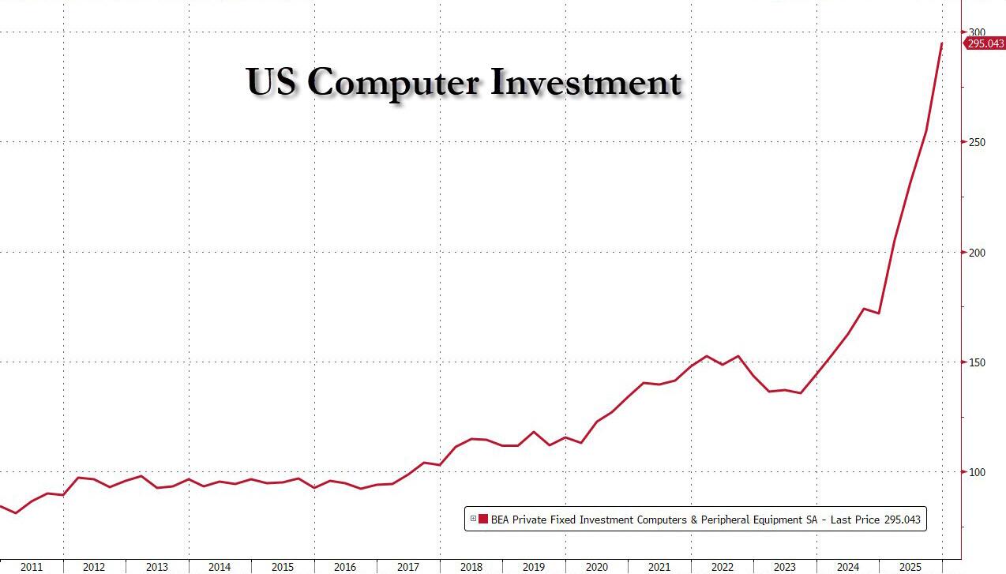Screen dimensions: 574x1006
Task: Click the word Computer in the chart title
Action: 392,82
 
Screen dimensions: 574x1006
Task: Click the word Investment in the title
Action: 585,82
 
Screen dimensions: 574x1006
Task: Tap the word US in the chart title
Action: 271,82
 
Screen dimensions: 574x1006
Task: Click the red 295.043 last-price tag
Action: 985,43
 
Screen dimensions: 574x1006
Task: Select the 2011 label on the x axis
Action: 32,567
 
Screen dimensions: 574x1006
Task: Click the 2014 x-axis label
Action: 220,567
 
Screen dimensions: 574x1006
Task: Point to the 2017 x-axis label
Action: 408,567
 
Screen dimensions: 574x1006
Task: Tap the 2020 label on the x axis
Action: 597,567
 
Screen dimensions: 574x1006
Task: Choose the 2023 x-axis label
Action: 785,567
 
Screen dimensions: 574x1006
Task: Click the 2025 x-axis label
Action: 910,567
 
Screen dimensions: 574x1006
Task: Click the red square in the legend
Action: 483,519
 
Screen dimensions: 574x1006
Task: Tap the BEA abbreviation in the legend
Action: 501,519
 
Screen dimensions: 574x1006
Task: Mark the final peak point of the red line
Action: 942,43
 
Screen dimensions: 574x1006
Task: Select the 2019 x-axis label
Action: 534,567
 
